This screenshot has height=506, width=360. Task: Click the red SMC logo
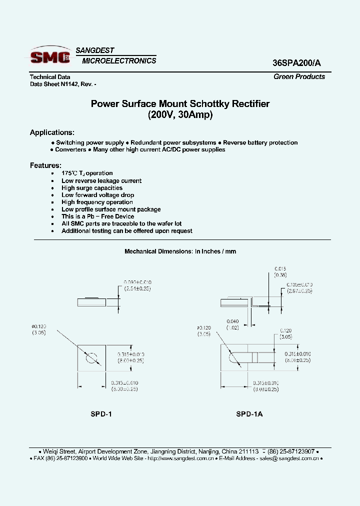(50, 56)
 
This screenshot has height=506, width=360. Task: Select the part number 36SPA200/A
(298, 63)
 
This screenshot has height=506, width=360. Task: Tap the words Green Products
(299, 76)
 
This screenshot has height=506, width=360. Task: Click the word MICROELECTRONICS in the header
(119, 60)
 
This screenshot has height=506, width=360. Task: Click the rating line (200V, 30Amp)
(180, 115)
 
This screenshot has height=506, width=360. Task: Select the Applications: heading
(52, 132)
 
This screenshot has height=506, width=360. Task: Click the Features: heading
(45, 165)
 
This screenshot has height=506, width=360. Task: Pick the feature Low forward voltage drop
(97, 195)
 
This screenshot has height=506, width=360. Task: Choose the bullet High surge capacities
(91, 188)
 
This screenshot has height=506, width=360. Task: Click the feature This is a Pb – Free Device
(97, 216)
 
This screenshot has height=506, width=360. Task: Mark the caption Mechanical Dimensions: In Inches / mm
(180, 251)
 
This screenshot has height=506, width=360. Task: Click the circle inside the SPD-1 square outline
(92, 359)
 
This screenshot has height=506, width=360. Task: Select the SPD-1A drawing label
(249, 414)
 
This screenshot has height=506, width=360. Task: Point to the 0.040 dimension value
(232, 321)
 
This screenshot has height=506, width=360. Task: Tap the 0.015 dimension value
(280, 268)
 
